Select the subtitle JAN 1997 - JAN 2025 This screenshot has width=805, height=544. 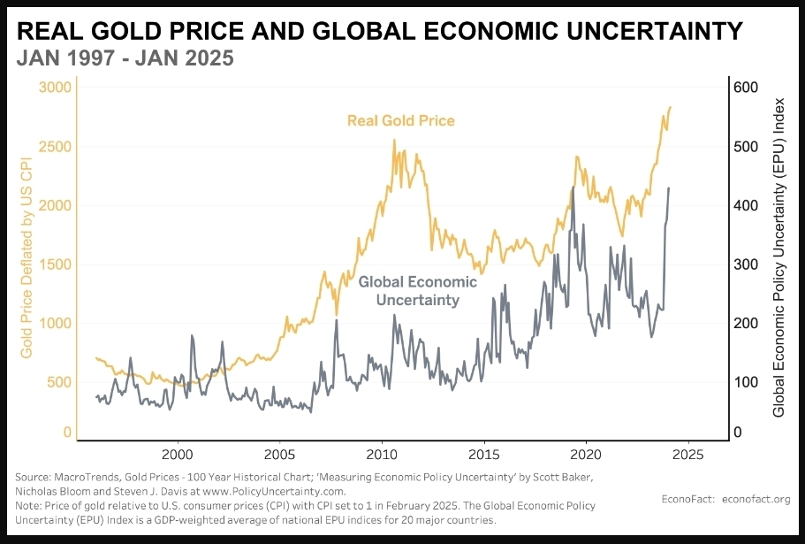[125, 59]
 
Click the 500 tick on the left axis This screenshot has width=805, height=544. [57, 382]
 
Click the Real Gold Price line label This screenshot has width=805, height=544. [400, 120]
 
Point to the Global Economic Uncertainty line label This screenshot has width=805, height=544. [417, 291]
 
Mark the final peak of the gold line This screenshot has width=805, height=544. [670, 107]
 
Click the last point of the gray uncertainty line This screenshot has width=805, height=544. [669, 188]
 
